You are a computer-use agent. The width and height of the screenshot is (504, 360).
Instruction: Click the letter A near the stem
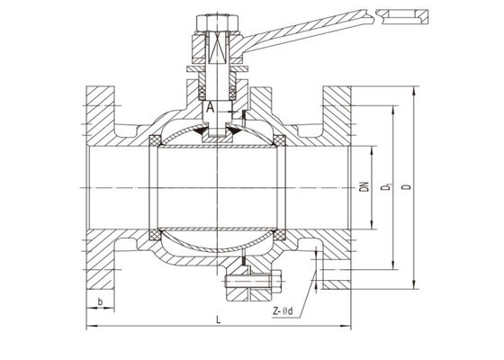(210, 108)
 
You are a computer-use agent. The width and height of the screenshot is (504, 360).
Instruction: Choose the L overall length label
(219, 319)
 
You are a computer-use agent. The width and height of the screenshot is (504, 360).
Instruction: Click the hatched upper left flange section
(101, 112)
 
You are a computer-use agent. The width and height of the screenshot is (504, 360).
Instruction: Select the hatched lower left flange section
(101, 261)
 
